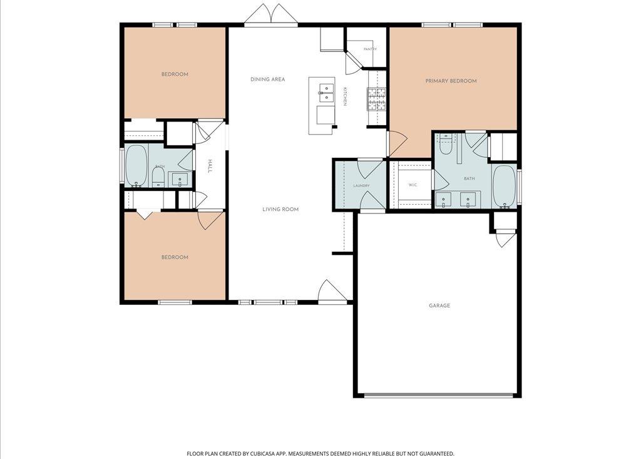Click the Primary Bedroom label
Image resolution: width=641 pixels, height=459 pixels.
[x=451, y=81]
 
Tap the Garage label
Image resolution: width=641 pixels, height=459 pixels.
[x=439, y=306]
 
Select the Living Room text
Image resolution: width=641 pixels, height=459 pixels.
[x=280, y=209]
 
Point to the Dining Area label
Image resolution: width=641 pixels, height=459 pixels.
[x=268, y=80]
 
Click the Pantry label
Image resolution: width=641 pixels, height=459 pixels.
[x=370, y=49]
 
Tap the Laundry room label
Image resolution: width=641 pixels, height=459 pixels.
[x=361, y=186]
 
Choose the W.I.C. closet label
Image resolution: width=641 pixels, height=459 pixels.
[x=413, y=185]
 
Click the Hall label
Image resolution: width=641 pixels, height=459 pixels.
[x=210, y=166]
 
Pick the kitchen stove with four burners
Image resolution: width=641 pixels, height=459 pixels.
[x=376, y=100]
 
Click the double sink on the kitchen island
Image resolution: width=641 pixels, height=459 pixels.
[x=326, y=93]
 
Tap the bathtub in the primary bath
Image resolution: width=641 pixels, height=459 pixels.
[x=505, y=187]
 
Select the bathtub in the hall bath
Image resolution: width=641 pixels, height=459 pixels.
[x=136, y=166]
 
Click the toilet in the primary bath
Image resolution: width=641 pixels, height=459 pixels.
[x=445, y=144]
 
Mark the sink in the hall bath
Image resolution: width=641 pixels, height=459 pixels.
[x=180, y=180]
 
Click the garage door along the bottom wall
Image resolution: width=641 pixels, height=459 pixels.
[x=439, y=395]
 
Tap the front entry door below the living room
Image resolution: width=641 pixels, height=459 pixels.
[x=333, y=292]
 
